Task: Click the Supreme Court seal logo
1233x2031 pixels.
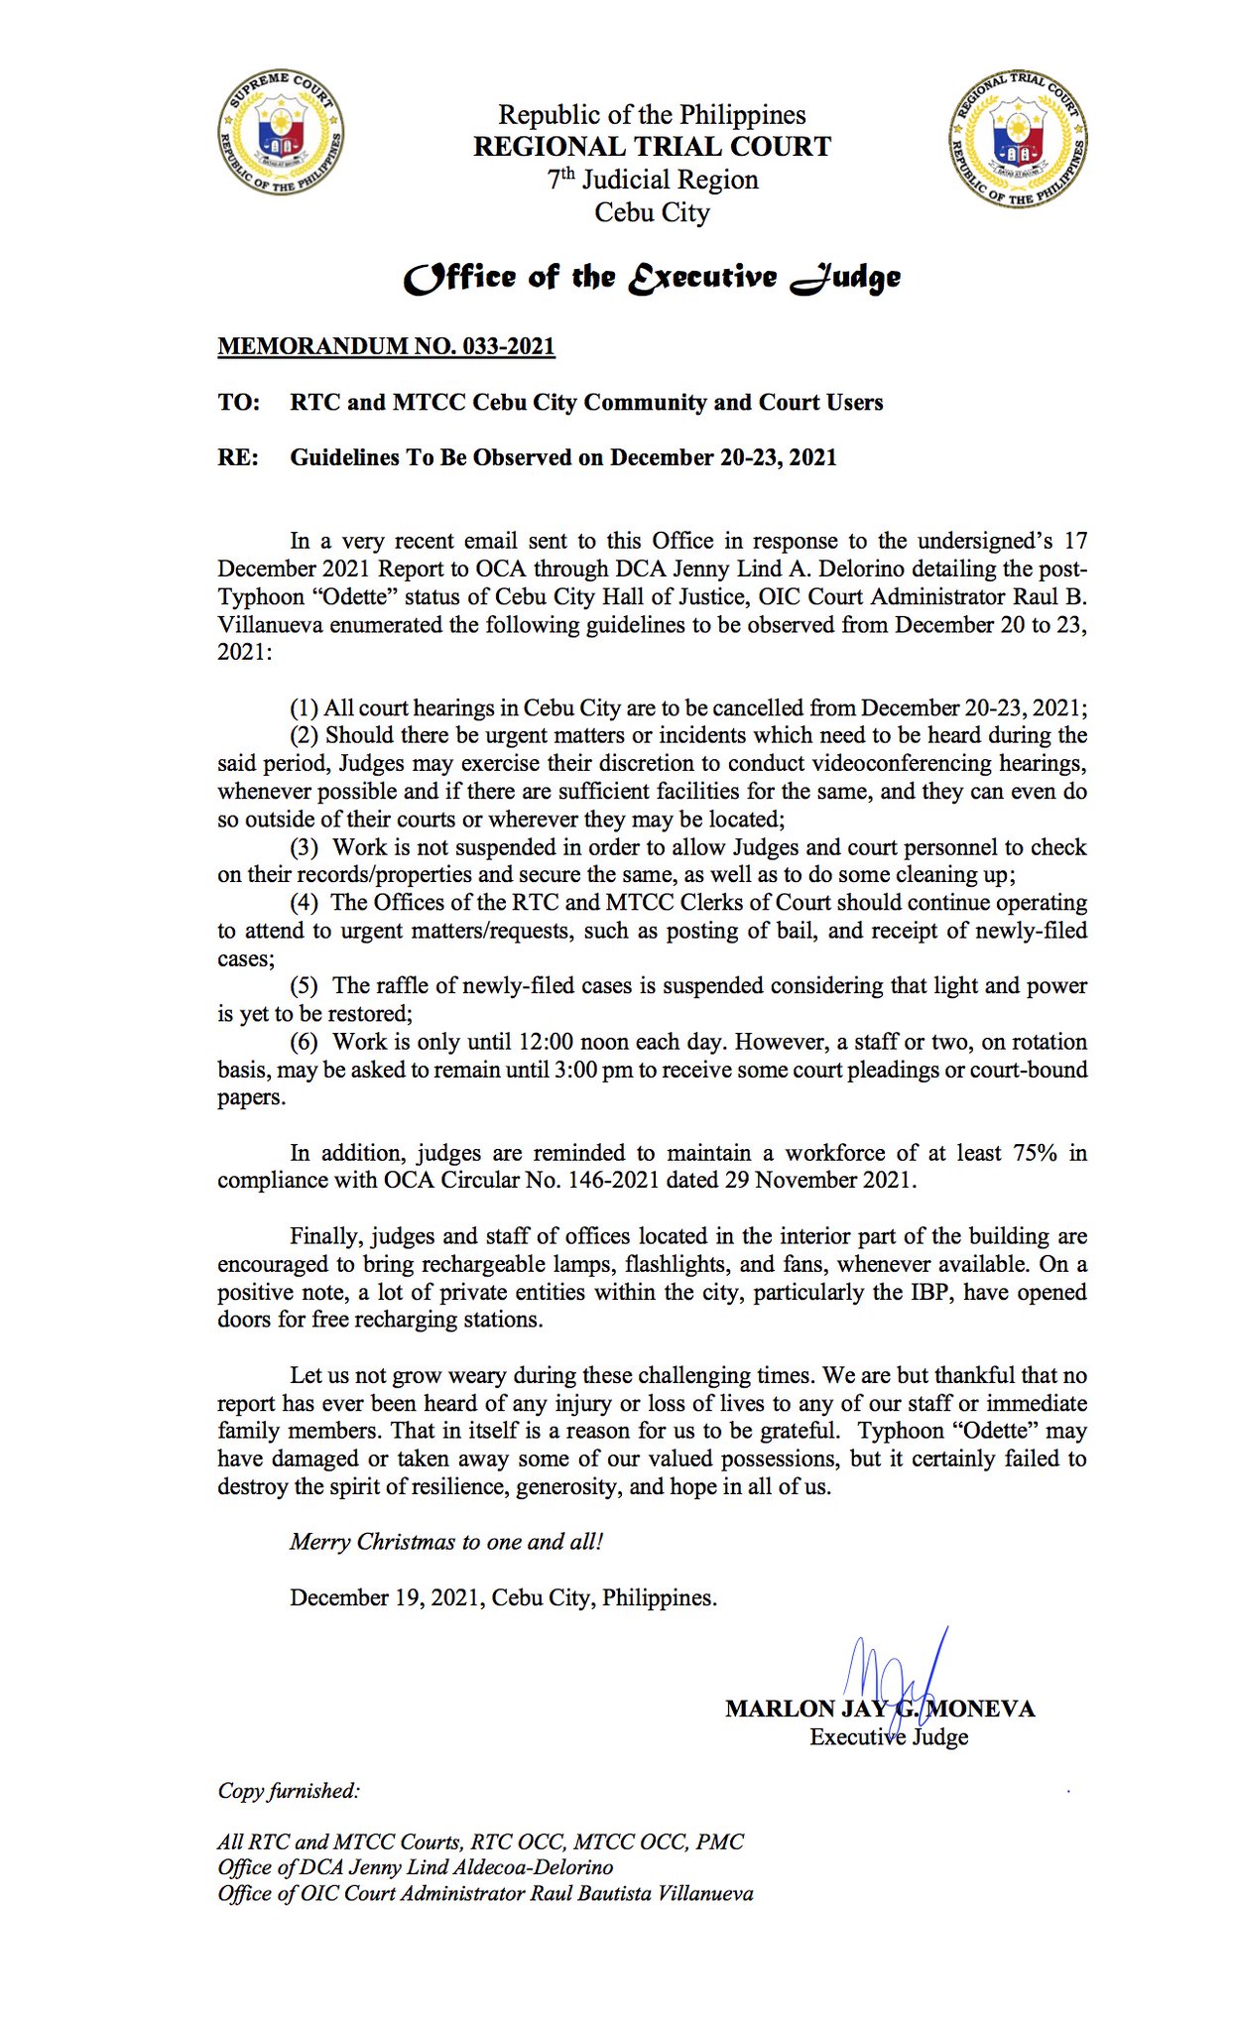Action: coord(282,132)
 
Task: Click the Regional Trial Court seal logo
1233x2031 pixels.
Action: coord(1017,138)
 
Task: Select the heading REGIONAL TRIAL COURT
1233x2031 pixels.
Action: coord(652,147)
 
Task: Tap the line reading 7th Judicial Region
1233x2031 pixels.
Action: coord(652,180)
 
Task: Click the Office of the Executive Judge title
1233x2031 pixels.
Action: coord(652,278)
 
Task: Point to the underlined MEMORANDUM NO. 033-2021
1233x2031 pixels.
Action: coord(386,346)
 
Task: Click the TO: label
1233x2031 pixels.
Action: coord(239,403)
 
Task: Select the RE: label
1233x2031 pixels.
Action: coord(238,458)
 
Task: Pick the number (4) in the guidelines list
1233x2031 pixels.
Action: coord(304,903)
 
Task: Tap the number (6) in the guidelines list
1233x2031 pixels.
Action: coord(304,1042)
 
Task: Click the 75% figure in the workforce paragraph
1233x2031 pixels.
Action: coord(1035,1153)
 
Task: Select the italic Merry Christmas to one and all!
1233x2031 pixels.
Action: coord(446,1542)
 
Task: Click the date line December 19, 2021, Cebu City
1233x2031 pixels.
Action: coord(503,1597)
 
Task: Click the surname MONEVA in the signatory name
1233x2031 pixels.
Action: coord(982,1709)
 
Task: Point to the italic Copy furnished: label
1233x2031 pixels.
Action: coord(289,1791)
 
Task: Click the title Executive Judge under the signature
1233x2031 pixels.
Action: coord(889,1737)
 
